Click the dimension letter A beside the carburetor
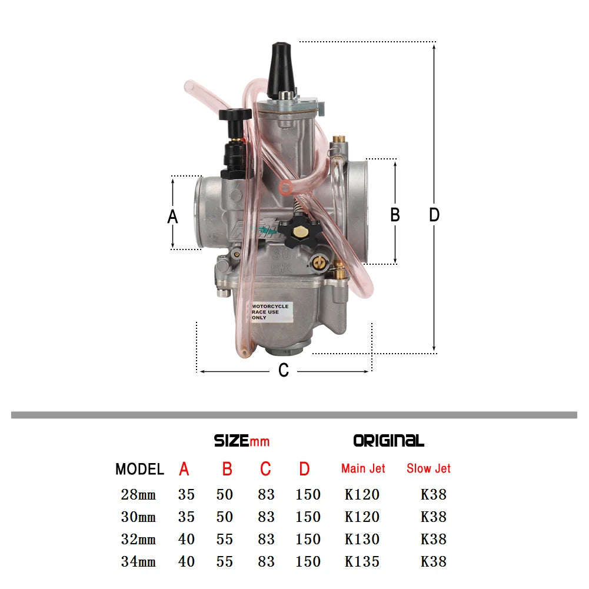[x=172, y=217]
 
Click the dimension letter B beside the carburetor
[x=395, y=215]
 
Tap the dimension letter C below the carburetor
[x=284, y=371]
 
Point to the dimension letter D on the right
[x=434, y=215]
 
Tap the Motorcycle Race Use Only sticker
[x=271, y=312]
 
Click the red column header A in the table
[x=184, y=469]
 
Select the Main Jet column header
[x=363, y=468]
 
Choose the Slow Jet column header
[x=428, y=468]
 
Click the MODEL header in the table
[x=139, y=469]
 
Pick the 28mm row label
[x=138, y=494]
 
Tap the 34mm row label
[x=138, y=561]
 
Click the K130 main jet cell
[x=362, y=539]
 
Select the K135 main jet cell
[x=362, y=561]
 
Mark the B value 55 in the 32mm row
[x=225, y=539]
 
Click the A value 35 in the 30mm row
[x=186, y=517]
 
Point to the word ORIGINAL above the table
[x=388, y=440]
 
